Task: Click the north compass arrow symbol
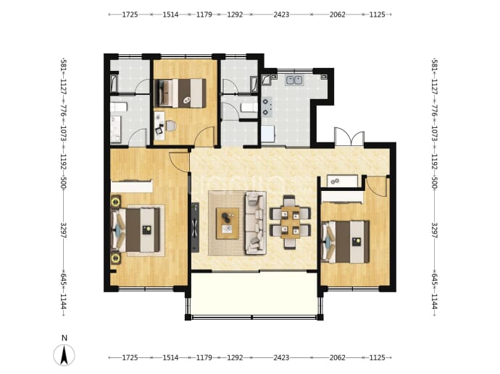[x=64, y=355]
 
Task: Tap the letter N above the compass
[x=64, y=338]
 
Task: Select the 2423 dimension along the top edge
[x=281, y=14]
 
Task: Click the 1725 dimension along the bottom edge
[x=130, y=357]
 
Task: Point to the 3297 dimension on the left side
[x=64, y=231]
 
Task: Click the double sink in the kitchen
[x=294, y=80]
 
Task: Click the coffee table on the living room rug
[x=228, y=224]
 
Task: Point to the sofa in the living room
[x=255, y=223]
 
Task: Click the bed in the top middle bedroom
[x=180, y=93]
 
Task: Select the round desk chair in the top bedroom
[x=170, y=126]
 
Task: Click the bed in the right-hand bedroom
[x=346, y=242]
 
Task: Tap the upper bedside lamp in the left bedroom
[x=115, y=201]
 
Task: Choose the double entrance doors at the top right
[x=349, y=137]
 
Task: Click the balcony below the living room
[x=254, y=294]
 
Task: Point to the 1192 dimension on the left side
[x=64, y=162]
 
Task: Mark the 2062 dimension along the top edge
[x=338, y=14]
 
